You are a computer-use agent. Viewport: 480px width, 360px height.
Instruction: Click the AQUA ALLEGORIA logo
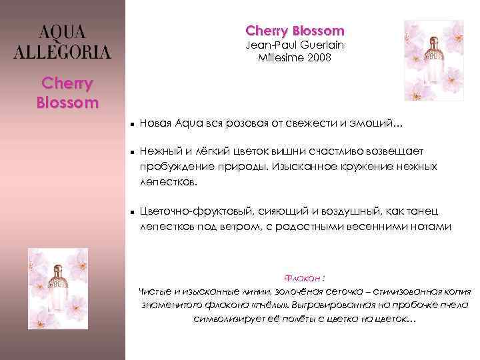(63, 42)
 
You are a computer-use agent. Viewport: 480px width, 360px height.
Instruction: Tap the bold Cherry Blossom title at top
(295, 31)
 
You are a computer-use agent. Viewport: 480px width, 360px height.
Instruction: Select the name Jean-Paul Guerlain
(295, 45)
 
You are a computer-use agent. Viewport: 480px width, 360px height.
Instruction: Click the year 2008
(317, 58)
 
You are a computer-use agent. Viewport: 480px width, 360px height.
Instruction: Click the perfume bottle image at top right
(434, 60)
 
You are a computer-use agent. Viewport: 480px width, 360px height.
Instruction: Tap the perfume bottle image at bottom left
(58, 288)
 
